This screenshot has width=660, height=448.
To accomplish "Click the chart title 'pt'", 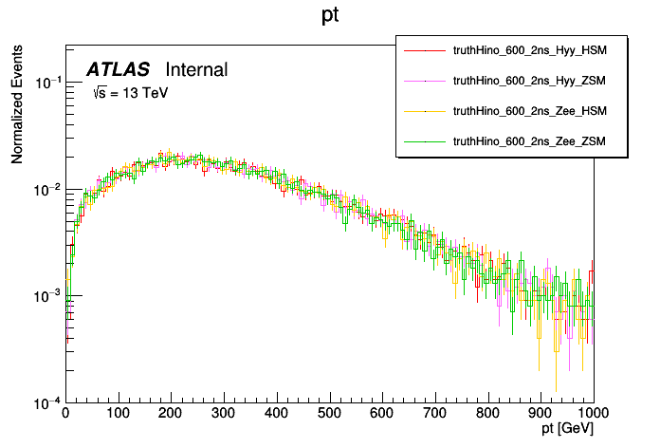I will point(331,16).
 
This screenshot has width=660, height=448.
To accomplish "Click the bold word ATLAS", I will point(118,69).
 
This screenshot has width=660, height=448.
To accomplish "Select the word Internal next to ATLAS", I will point(196,69).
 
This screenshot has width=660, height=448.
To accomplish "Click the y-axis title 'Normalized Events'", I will point(17,107).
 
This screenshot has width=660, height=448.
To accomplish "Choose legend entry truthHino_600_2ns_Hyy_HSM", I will point(529,51).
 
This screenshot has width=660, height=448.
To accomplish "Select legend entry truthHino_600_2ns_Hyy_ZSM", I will point(529,82).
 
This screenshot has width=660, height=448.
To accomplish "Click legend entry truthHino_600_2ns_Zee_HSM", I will point(529,111).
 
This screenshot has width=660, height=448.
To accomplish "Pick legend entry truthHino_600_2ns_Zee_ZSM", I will point(529,141).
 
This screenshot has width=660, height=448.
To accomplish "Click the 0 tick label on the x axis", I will point(65,414).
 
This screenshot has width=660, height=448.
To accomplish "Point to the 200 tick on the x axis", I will point(171,414).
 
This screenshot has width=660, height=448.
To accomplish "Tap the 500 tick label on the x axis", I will point(329,414).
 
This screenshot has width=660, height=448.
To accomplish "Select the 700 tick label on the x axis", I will point(435,414).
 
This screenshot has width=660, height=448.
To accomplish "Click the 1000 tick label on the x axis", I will point(592,414).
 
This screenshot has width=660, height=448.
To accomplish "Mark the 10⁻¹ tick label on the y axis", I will point(47,84).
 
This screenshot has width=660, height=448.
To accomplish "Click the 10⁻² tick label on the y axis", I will point(47,190).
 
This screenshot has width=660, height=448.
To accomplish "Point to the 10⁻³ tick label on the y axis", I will point(47,296).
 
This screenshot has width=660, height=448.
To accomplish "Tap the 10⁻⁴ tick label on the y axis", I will point(47,401).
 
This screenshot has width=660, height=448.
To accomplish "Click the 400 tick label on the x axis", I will point(277,414).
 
